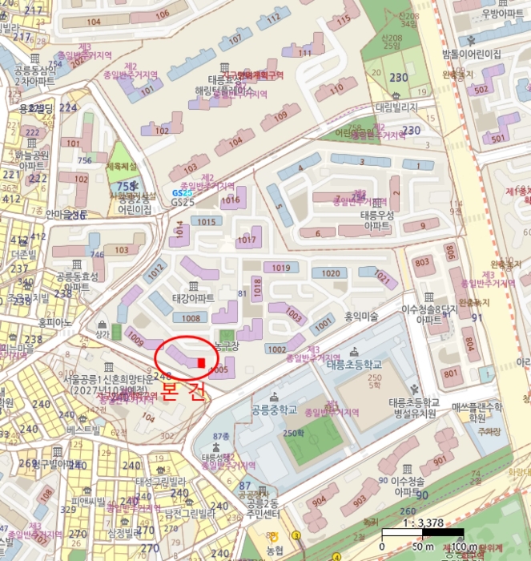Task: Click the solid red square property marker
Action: [200, 363]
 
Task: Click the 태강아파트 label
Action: [193, 298]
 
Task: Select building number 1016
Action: [231, 200]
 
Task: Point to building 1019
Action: [280, 268]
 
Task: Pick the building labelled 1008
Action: [191, 318]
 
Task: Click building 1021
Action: [381, 278]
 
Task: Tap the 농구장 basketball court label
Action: [227, 345]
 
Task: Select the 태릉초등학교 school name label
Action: [355, 365]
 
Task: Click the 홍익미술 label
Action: [360, 317]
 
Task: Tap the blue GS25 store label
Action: [183, 193]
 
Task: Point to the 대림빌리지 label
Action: [397, 106]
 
